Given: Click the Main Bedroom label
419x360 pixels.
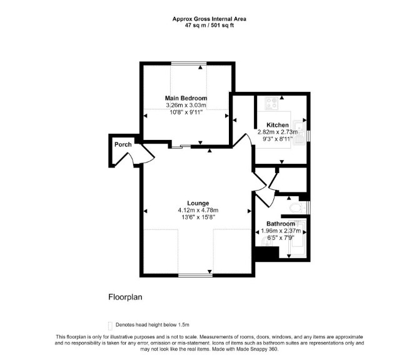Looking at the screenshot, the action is tap(186, 98).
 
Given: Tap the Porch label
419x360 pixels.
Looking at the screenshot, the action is tap(123, 144).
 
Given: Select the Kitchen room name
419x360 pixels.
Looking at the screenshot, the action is tap(278, 125).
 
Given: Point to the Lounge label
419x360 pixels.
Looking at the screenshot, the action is tap(198, 203).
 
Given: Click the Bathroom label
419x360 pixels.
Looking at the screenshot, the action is tap(281, 224).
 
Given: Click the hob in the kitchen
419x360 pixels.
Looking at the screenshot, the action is tap(271, 103).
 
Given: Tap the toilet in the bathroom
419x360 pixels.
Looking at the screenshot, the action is tap(298, 207).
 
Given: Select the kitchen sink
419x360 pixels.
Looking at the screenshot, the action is tap(300, 132).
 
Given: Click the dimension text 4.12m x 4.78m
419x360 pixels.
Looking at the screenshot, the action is tap(198, 211).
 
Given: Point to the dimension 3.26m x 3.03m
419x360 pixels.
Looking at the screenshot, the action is tap(186, 105).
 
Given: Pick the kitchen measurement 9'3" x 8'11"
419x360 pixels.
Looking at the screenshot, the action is tap(278, 139).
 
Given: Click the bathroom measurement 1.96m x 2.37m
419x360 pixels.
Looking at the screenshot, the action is tap(281, 231).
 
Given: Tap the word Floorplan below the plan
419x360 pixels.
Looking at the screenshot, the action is tap(125, 297).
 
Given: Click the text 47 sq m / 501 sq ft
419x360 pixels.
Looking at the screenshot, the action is tap(209, 26).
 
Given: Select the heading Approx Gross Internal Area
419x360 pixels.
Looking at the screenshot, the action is tap(209, 19).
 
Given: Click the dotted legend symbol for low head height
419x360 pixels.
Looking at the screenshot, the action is tap(110, 326).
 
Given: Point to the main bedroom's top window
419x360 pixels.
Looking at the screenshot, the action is tap(189, 63).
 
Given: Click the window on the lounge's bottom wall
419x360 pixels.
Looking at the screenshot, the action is tap(196, 275).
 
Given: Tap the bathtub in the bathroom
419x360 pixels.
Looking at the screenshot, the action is tap(297, 238).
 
